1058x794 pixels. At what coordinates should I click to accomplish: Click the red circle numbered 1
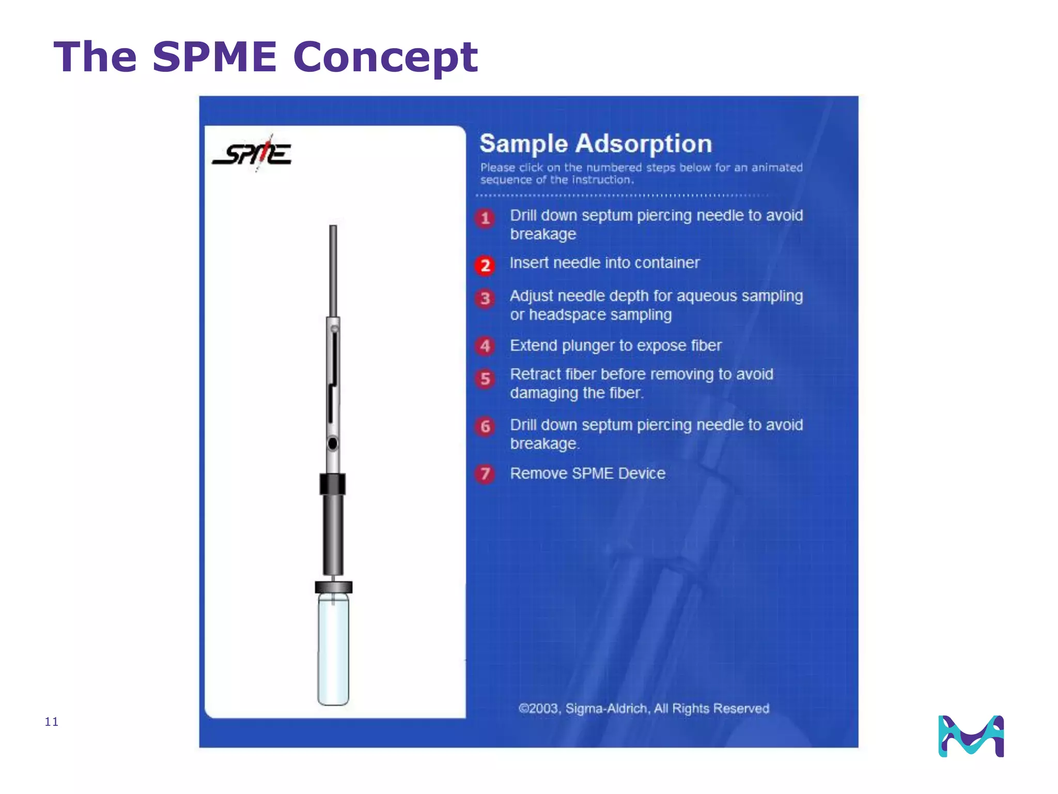pos(485,218)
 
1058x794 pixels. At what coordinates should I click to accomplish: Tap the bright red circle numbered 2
pos(485,266)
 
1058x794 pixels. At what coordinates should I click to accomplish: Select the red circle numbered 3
pos(485,298)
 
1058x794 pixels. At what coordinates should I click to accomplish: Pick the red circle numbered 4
pos(485,346)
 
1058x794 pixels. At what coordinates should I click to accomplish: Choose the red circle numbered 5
pos(485,379)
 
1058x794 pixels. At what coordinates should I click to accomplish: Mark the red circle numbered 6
pos(485,426)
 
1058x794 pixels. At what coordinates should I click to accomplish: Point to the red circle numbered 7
pos(485,474)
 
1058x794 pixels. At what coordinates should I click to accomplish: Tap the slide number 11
pos(52,722)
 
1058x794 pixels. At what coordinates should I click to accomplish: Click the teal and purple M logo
pos(971,736)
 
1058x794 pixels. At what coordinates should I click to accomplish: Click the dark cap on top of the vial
pos(334,587)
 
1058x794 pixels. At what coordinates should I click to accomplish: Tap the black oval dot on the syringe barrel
pos(333,444)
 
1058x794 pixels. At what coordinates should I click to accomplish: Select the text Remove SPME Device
pos(587,474)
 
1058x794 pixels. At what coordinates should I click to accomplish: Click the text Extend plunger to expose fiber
pos(615,345)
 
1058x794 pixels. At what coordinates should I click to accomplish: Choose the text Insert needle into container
pos(604,263)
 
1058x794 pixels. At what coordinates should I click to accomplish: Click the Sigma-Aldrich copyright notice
pos(644,708)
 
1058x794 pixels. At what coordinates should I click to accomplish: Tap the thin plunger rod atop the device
pos(333,269)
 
